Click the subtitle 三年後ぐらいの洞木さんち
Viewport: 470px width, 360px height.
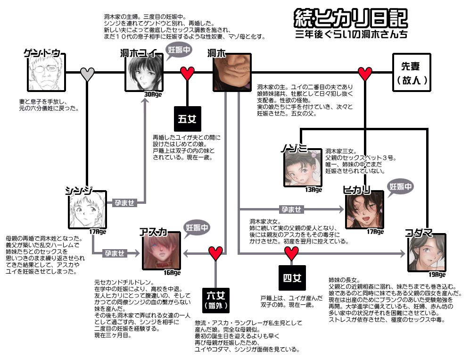point(350,34)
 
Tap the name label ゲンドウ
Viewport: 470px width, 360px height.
point(42,53)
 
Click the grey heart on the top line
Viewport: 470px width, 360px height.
point(88,73)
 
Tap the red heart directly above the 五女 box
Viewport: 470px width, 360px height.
point(188,73)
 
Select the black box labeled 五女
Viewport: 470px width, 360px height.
point(188,119)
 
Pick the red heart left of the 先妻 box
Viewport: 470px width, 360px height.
point(365,73)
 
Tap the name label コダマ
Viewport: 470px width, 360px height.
point(419,231)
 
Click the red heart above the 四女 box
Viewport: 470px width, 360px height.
point(291,254)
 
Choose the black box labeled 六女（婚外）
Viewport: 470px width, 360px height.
point(216,299)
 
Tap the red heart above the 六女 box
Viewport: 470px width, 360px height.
point(216,253)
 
